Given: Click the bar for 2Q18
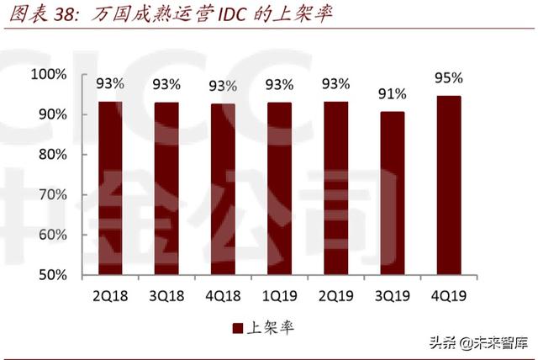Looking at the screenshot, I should (109, 188).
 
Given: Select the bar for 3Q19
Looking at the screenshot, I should (392, 193).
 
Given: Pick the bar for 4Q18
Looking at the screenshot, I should (223, 189).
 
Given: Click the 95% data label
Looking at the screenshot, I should (448, 78).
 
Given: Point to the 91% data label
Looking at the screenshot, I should (392, 93).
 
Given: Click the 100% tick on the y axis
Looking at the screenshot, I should (49, 75).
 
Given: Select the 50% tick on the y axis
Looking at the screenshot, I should (51, 275).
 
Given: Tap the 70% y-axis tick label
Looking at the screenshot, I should (51, 195).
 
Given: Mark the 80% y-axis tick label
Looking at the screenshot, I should (51, 155).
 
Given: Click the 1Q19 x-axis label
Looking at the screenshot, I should (279, 296).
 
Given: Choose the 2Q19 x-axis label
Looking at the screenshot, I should (335, 296).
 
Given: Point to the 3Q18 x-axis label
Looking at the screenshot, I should (166, 296).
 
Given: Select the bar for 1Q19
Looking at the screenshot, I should (279, 188).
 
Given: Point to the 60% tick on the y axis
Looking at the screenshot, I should (51, 235).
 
